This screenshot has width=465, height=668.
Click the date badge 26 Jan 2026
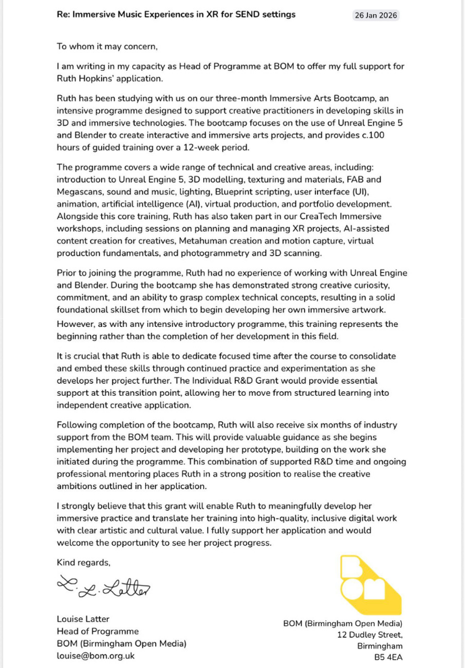pos(376,15)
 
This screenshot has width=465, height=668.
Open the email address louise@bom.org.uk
pos(96,655)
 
